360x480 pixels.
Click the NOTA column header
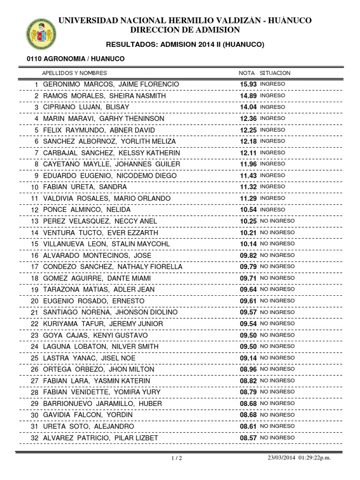coord(247,73)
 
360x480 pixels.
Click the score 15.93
coord(248,84)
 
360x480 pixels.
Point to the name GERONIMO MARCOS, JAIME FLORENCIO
coord(111,84)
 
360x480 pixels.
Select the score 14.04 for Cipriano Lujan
coord(248,107)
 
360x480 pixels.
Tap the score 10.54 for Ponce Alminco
coord(248,210)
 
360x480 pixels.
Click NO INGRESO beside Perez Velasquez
coord(277,221)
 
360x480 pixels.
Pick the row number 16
coord(34,255)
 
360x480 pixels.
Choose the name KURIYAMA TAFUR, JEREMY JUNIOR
coord(103,323)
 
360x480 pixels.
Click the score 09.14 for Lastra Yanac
coord(248,358)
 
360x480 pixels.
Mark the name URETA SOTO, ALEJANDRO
coord(89,426)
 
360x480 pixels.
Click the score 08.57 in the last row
coord(248,438)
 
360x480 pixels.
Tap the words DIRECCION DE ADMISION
coord(185,30)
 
